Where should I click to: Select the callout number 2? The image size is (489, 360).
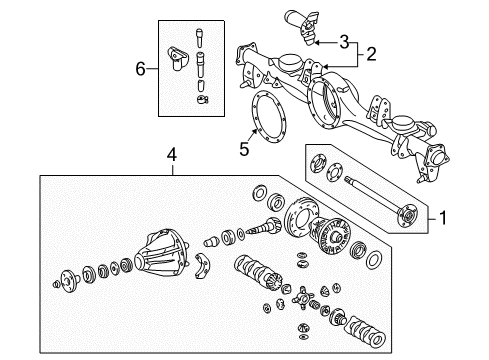pos(371,53)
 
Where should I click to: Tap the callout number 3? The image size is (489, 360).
pos(343,42)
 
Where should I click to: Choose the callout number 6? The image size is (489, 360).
pos(140,68)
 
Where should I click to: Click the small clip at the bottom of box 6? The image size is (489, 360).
pos(202,99)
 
